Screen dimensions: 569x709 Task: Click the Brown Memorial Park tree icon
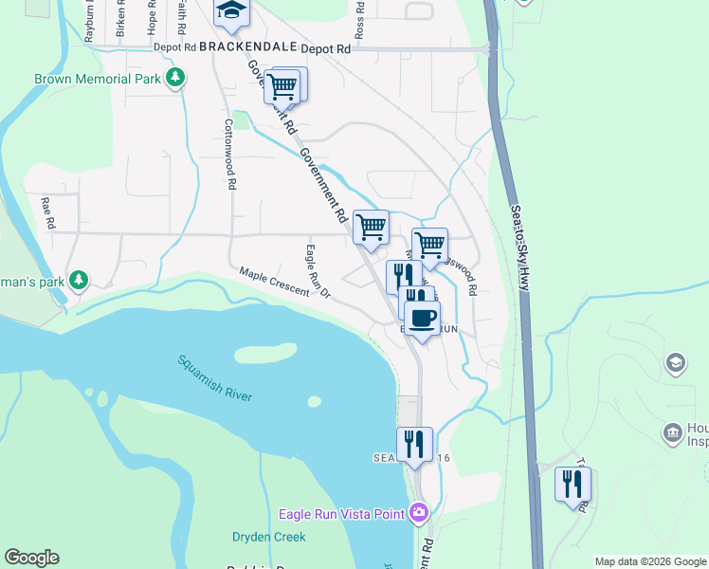point(174,80)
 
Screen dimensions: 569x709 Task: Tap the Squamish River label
point(215,377)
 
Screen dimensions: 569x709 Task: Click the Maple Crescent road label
point(274,281)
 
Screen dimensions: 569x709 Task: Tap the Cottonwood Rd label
point(229,154)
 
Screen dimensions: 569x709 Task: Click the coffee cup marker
point(422,317)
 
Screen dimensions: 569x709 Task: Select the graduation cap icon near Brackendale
point(230,11)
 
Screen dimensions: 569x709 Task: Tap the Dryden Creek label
point(269,537)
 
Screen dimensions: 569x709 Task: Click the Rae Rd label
point(47,212)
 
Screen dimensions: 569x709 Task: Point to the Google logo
point(31,558)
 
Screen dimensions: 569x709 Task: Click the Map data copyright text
point(649,561)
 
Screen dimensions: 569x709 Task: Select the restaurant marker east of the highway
point(573,485)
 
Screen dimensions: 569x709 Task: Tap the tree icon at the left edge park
point(80,280)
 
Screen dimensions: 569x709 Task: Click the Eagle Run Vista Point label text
point(341,515)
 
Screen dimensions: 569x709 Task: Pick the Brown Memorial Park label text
point(97,80)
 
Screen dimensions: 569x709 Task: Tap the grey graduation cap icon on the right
point(676,361)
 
